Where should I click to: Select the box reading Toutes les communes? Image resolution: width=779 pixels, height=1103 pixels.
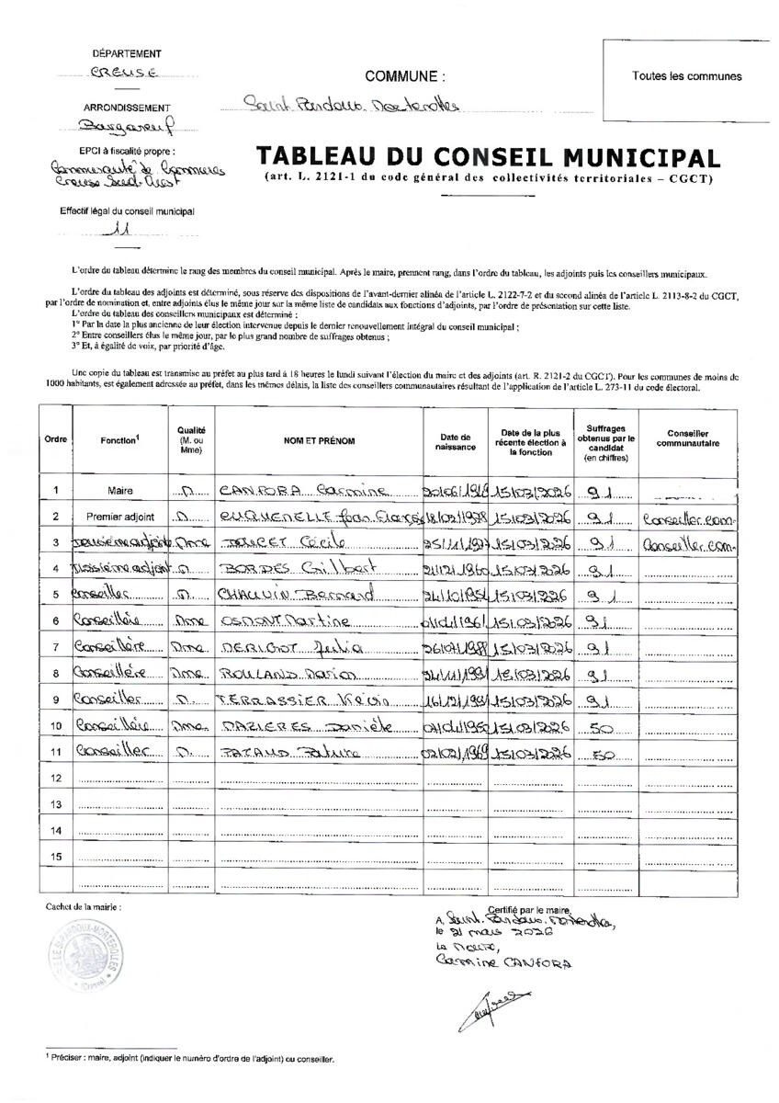coord(686,77)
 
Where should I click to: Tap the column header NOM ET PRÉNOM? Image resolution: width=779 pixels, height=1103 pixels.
coord(319,442)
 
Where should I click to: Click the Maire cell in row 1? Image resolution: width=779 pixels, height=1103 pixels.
coord(120,491)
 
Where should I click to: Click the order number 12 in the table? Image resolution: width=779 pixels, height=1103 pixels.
coord(57,779)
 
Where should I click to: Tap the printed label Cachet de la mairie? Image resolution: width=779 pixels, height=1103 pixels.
coord(83,906)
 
